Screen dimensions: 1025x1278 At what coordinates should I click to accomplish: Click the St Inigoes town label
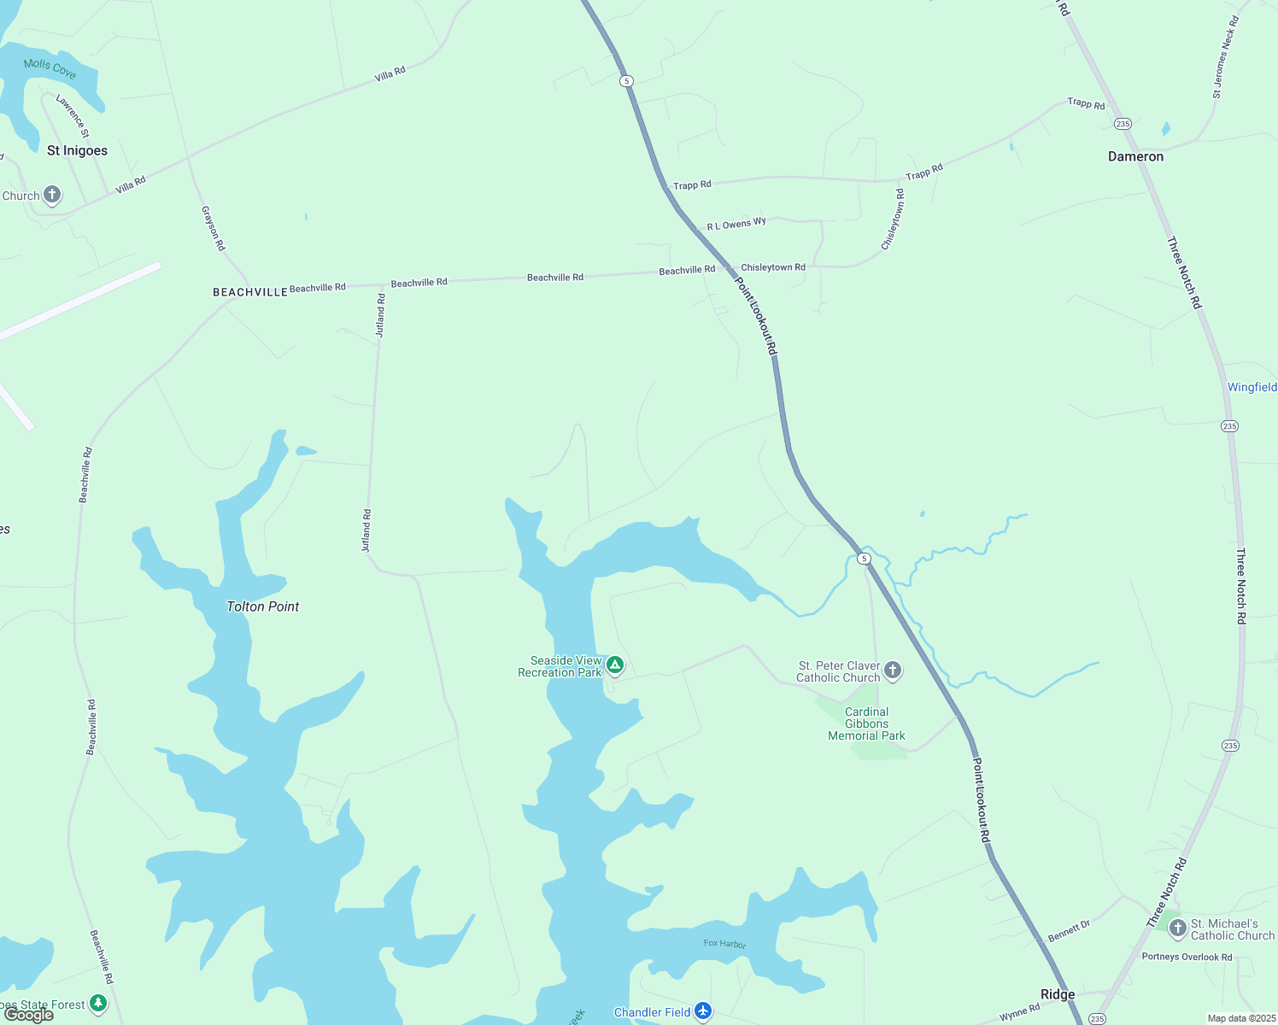(77, 150)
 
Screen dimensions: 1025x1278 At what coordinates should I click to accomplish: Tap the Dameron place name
(1135, 156)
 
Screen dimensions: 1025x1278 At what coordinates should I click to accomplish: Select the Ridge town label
(1058, 994)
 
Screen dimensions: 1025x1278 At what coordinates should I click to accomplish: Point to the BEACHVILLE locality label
(250, 292)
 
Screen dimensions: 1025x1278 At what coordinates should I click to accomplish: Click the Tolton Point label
(263, 606)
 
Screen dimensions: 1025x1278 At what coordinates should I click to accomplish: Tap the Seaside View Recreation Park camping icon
(614, 665)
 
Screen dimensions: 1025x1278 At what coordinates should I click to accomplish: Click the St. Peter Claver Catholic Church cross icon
(893, 671)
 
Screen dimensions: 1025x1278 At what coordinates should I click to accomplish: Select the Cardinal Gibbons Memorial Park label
(866, 723)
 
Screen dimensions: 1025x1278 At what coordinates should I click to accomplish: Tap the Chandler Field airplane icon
(703, 1012)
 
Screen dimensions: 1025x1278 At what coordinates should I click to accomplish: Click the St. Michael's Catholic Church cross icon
(1177, 928)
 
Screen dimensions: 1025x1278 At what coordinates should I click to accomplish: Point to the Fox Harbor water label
(725, 944)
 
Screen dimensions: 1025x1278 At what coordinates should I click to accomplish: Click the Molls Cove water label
(50, 68)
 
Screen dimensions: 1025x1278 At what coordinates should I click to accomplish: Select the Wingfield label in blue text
(1252, 387)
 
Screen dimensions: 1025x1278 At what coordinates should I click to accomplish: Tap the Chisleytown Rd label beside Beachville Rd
(773, 267)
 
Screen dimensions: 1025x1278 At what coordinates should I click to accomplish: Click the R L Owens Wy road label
(736, 225)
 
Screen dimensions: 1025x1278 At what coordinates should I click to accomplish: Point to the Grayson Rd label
(213, 228)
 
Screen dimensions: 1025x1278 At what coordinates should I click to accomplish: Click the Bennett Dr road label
(1069, 931)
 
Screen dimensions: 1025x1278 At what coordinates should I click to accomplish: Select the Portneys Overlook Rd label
(1187, 957)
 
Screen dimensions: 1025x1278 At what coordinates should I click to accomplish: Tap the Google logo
(29, 1015)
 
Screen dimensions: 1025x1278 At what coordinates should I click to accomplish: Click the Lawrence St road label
(73, 115)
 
